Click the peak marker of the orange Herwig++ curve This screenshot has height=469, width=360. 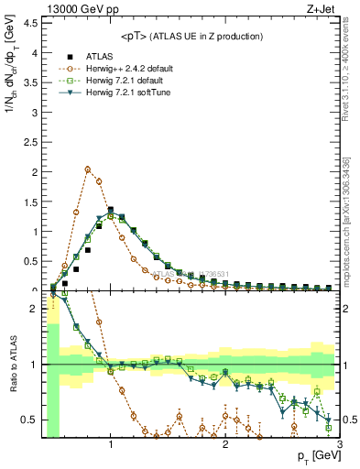[x=87, y=169]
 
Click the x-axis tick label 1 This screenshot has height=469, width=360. [x=111, y=443]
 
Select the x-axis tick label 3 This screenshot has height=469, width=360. [x=339, y=443]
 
